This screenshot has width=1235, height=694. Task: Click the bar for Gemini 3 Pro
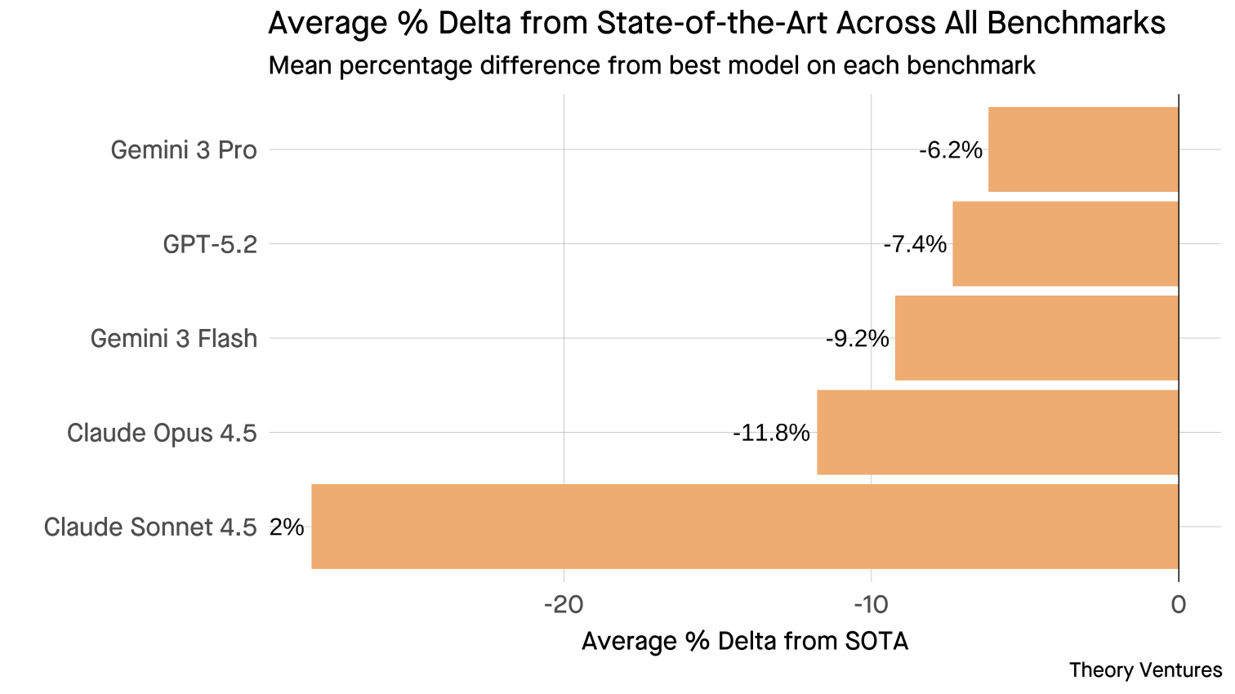coord(1083,149)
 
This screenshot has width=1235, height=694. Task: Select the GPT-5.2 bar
coord(1065,243)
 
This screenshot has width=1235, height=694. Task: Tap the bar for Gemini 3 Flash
coord(1037,338)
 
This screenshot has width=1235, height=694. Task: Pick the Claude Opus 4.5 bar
coord(997,432)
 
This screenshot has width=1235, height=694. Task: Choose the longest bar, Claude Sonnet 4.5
coord(744,527)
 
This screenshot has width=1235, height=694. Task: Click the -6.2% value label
coord(950,150)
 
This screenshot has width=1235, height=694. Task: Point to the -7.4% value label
coord(915,244)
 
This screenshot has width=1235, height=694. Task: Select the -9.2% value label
coord(857,339)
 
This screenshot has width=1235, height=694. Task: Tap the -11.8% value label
coord(771,433)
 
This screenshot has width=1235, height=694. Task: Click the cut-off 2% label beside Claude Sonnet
coord(287,527)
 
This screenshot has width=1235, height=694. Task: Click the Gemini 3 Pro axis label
coord(184,150)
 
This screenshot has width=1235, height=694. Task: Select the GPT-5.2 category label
coord(210,244)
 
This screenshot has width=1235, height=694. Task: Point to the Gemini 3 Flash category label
coord(173,339)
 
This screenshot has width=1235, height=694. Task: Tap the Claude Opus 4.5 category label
coord(162,433)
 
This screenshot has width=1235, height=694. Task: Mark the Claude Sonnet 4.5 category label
coord(150,527)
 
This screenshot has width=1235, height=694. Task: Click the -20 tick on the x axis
coord(563,604)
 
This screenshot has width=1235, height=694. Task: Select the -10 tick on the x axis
coord(870,604)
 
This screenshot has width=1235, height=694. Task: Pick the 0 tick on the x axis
coord(1178,604)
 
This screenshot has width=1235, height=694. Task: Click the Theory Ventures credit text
coord(1145,670)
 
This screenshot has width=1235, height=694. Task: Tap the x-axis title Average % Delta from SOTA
coord(744,642)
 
